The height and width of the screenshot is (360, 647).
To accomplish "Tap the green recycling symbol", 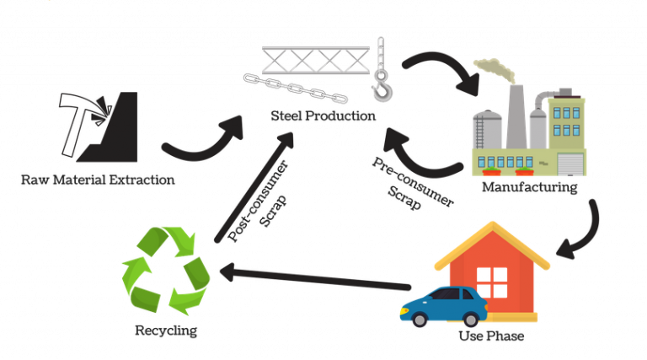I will coord(167,269).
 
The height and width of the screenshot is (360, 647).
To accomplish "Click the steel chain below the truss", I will coord(295,89).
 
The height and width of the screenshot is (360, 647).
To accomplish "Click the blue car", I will coord(442,306).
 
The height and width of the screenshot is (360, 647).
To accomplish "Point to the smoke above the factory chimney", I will coord(493,67).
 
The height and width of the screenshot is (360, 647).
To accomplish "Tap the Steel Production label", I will coord(323,116).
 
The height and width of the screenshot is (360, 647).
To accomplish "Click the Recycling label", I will coord(166,330).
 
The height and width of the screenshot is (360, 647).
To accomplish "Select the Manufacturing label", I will coord(529,187).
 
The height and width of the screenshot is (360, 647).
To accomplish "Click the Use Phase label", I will coord(491,336).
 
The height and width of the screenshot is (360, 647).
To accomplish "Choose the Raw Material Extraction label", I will coord(97,179).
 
